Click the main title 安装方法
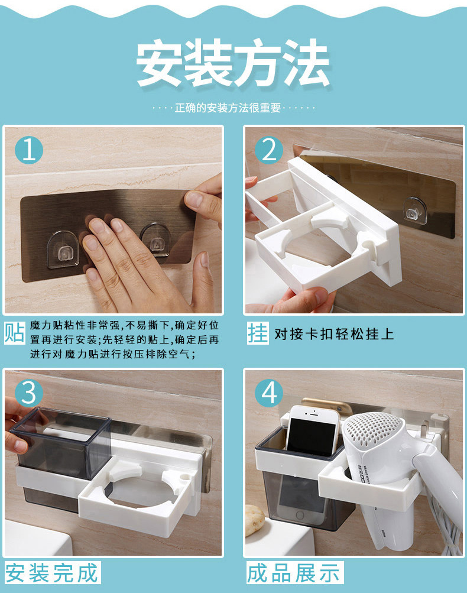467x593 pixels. click(233, 63)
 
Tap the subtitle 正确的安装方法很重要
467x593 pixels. click(228, 108)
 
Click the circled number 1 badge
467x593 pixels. click(29, 150)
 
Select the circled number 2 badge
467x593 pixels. click(269, 150)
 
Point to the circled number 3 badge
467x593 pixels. click(29, 393)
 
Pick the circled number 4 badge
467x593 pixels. click(269, 393)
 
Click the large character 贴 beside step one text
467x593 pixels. click(15, 333)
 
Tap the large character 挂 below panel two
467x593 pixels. click(258, 333)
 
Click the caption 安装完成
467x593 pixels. click(52, 572)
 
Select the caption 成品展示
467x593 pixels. click(294, 572)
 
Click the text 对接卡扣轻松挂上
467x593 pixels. click(334, 334)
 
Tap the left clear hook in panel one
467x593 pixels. click(63, 249)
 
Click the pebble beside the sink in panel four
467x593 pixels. click(255, 521)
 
